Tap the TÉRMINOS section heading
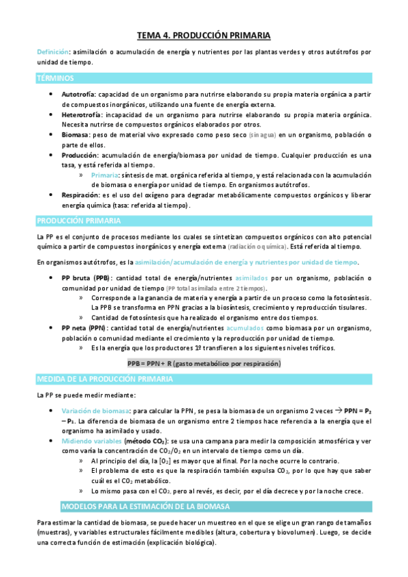click(x=55, y=78)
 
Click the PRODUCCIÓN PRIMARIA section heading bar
click(x=78, y=220)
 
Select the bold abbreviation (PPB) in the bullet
click(x=101, y=278)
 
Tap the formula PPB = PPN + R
click(x=204, y=364)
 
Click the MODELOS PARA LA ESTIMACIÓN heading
click(x=145, y=506)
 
